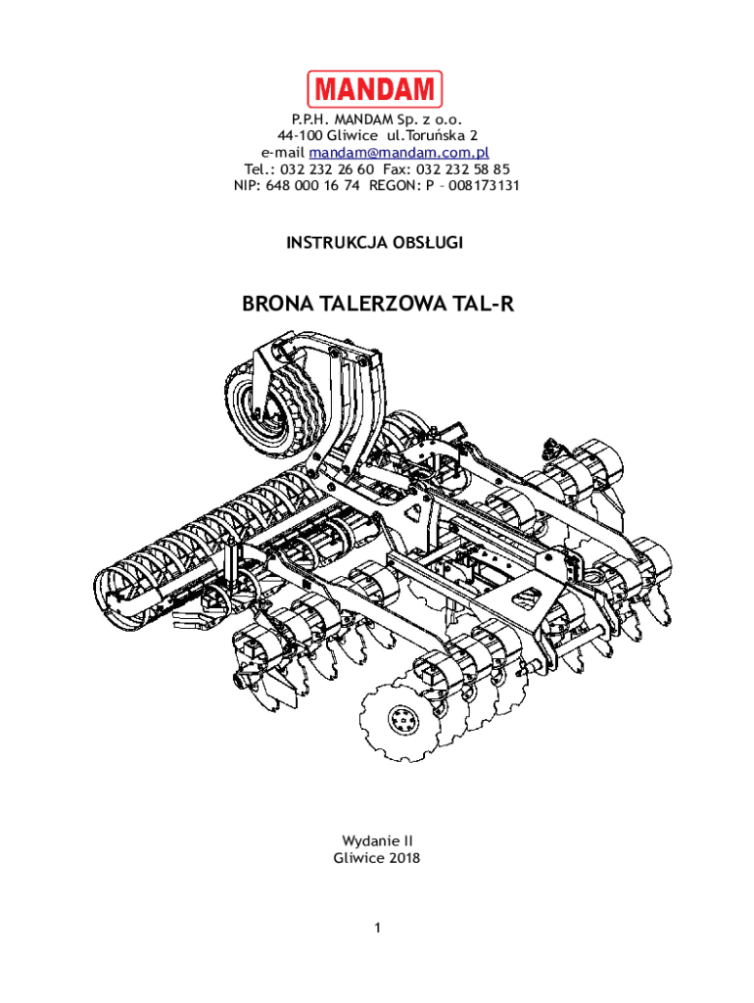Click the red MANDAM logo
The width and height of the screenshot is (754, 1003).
375,89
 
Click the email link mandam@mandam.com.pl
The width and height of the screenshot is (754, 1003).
399,153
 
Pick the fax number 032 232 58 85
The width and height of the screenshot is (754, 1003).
463,168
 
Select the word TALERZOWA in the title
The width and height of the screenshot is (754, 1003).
383,305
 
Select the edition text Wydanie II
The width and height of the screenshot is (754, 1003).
377,840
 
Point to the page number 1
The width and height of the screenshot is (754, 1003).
377,927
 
